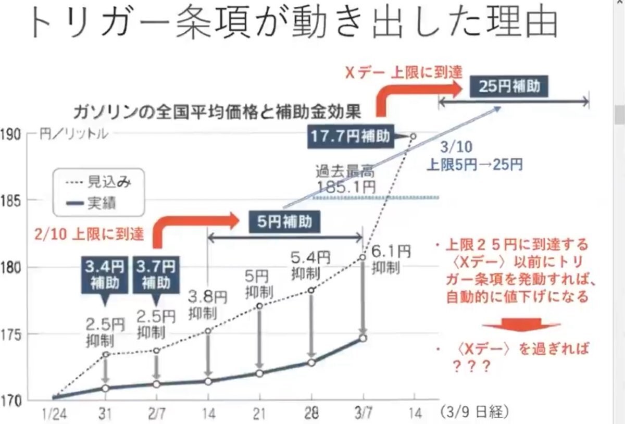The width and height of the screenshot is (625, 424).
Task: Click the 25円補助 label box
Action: (509, 85)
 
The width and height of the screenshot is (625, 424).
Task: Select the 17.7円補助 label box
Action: (350, 136)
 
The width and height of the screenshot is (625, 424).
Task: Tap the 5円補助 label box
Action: (284, 221)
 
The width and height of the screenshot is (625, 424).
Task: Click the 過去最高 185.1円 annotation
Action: (344, 178)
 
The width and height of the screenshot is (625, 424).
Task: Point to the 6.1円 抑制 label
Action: (387, 259)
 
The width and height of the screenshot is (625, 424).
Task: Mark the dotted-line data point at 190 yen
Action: (413, 136)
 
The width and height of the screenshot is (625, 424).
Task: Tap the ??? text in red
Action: (470, 366)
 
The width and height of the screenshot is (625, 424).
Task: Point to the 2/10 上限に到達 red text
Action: (89, 234)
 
